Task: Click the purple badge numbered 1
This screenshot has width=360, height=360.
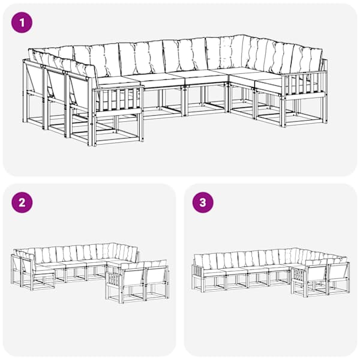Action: coord(22,23)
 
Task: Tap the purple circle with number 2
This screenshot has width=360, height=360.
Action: coord(22,203)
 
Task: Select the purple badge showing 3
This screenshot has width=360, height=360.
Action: coord(203,203)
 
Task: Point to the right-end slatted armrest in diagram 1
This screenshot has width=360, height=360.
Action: coord(305,85)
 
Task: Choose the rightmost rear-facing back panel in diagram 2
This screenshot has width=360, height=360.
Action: coord(156,276)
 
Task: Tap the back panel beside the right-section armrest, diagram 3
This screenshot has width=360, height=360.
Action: coord(317,274)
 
